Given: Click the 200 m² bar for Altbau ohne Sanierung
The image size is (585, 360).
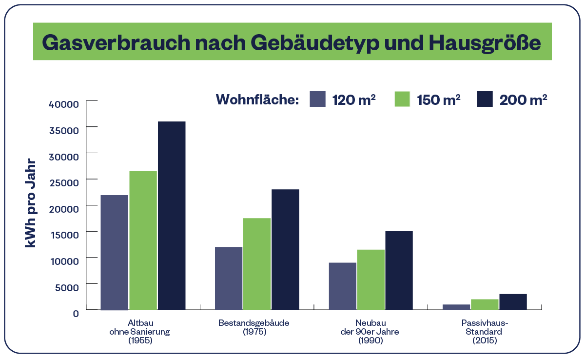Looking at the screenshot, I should click(x=171, y=215).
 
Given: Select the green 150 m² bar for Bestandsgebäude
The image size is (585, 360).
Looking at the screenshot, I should click(x=257, y=263).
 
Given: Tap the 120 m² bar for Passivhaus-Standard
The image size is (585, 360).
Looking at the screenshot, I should click(x=456, y=307).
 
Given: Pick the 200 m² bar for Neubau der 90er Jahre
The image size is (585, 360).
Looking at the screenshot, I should click(x=399, y=270).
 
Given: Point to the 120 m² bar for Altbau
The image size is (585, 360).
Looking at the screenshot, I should click(x=115, y=252).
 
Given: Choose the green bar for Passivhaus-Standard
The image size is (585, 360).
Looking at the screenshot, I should click(x=485, y=304).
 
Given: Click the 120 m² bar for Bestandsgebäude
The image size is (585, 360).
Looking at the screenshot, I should click(x=229, y=278).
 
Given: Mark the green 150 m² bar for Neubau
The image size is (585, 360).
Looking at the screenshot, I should click(x=370, y=279).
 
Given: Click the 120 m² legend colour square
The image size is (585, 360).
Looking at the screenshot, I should click(x=317, y=99).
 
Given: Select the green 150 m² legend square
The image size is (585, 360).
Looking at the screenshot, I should click(x=402, y=99).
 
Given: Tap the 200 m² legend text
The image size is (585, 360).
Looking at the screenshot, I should click(x=523, y=100).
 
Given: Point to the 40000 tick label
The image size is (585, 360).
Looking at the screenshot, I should click(x=64, y=104).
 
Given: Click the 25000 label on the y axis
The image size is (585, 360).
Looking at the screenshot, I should click(x=64, y=182).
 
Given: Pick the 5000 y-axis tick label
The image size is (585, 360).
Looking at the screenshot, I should click(x=66, y=287).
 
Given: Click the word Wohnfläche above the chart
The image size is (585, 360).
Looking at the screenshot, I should click(x=257, y=100).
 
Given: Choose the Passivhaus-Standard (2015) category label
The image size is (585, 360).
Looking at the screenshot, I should click(x=485, y=332).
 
